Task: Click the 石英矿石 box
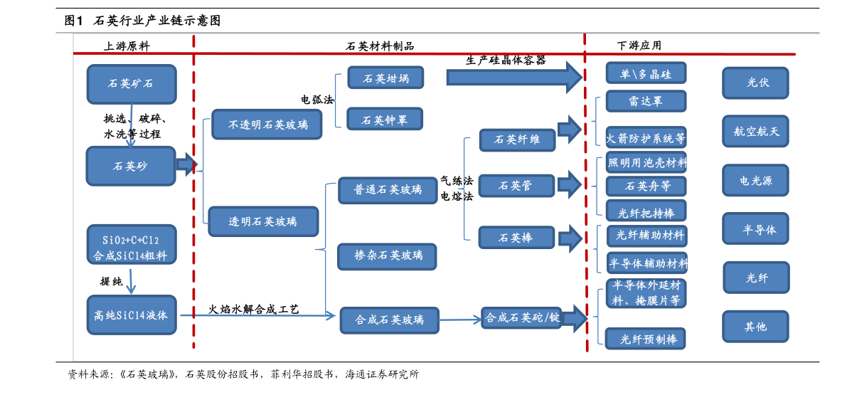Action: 131,83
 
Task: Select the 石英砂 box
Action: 131,166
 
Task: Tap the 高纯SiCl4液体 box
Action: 131,315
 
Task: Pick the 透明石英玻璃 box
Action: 263,221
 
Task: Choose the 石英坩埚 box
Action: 385,78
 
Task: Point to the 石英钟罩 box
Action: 385,119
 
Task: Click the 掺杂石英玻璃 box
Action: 388,255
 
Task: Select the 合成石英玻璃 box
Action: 389,320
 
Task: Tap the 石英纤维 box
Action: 516,140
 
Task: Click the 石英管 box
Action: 516,186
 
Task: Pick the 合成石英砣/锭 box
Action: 523,318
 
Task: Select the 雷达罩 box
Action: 646,101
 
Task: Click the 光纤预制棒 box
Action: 646,338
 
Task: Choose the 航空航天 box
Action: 755,131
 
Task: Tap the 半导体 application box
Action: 755,229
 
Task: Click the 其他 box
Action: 755,326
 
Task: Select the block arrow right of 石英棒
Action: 570,238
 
